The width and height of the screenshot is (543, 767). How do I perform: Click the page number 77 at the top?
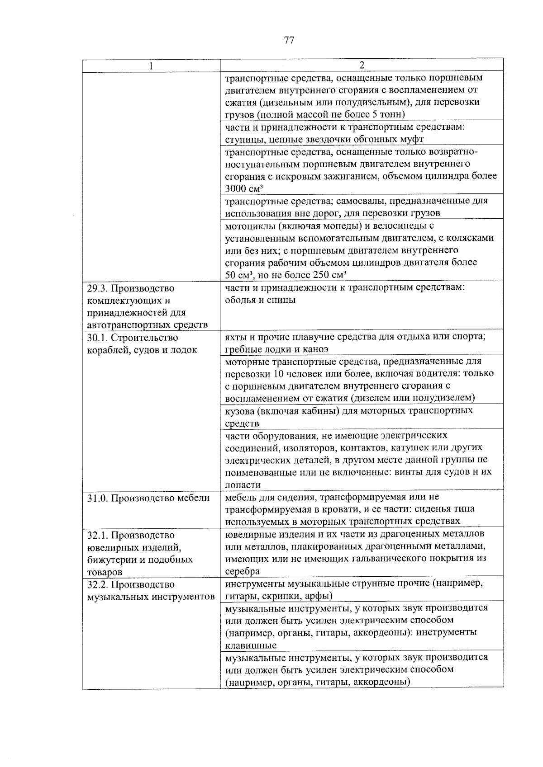click(289, 40)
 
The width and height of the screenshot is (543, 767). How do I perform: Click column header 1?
click(151, 66)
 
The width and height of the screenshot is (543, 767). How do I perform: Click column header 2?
click(361, 65)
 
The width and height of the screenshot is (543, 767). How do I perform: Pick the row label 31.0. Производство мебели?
click(148, 498)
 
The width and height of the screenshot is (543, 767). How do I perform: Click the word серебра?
click(242, 571)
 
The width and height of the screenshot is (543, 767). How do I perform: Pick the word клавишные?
click(251, 645)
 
